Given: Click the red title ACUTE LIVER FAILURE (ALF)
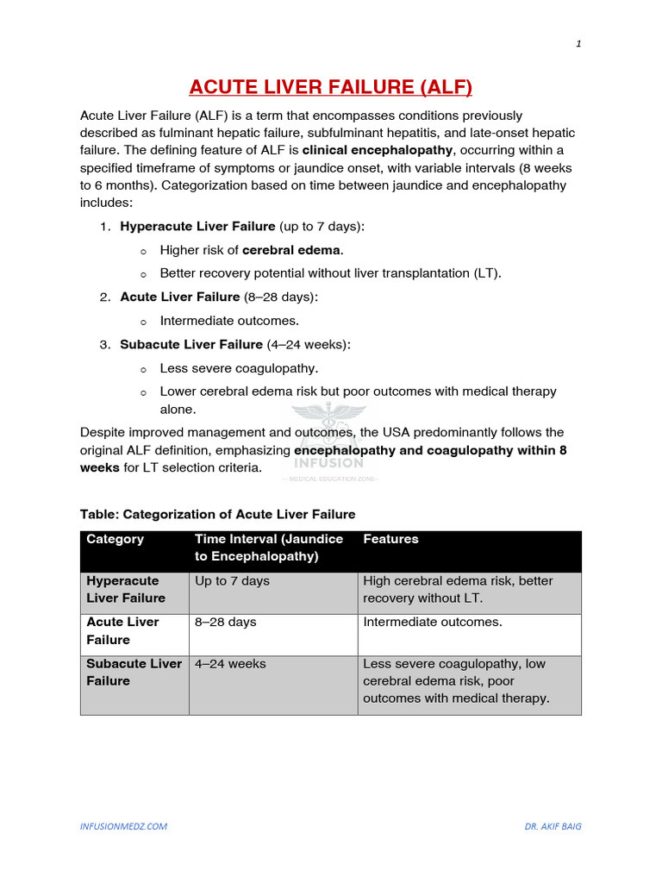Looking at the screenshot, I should pos(331,87).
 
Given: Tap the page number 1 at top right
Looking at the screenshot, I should pos(578,45).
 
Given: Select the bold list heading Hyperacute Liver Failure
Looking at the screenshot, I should pos(197,226).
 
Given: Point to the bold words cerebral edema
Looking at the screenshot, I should pos(292,250).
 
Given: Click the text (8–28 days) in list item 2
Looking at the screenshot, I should pos(281,297).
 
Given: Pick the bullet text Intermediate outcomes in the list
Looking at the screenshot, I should pos(229,321).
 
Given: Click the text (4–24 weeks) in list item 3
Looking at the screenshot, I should pos(309,344).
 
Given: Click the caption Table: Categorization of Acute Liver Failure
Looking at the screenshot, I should pos(217,514).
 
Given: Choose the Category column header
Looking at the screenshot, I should pos(116,539).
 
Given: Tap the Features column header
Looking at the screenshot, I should pos(390,539).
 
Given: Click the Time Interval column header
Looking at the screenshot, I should pos(269,548).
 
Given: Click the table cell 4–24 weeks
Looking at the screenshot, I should pos(230,664).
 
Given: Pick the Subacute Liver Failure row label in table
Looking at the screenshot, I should pos(134,673).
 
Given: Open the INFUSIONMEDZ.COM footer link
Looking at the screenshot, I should pos(124,826).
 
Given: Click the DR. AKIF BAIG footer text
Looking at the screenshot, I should pos(553,826).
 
